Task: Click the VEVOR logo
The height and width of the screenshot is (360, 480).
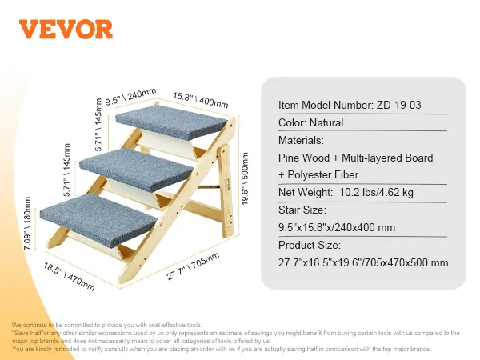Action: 66,29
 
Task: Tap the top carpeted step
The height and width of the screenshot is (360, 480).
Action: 172,121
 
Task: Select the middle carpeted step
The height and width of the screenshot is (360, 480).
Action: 144,162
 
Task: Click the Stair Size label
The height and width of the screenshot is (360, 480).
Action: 303,210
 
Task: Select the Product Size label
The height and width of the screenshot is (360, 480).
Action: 310,246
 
